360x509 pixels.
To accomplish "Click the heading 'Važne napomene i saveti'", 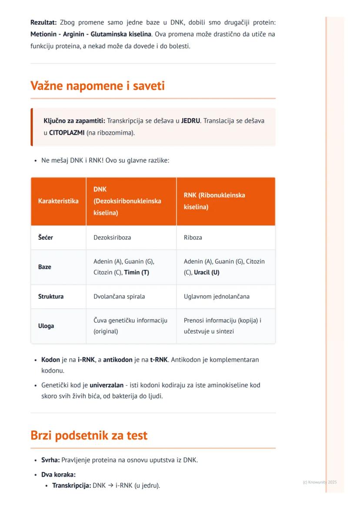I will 97,86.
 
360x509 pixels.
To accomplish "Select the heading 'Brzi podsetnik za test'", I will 89,435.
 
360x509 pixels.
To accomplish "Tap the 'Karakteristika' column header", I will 58,201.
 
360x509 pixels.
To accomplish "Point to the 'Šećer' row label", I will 46,238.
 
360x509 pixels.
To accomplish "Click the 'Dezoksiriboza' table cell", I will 112,238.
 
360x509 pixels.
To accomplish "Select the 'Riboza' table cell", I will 193,238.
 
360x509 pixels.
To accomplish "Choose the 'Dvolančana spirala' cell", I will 119,296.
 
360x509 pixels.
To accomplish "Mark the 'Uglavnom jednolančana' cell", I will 217,296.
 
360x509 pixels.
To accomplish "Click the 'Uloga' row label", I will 46,326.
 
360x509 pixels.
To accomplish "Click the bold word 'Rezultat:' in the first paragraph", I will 44,22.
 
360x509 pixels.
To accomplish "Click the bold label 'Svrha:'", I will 50,459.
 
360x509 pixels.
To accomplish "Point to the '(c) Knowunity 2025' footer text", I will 320,482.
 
